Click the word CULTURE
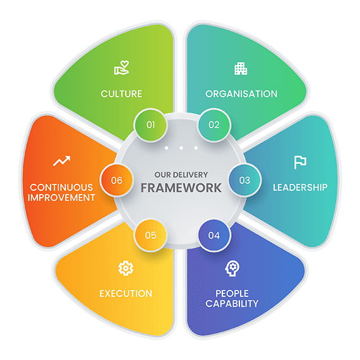(121, 94)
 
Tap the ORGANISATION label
(241, 94)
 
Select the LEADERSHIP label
(300, 188)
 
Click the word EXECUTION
(126, 294)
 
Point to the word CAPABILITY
(232, 304)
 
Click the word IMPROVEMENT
(61, 198)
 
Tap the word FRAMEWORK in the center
(181, 188)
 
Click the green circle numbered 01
(150, 125)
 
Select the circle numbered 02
(214, 125)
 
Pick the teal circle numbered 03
(245, 180)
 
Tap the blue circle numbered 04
(214, 236)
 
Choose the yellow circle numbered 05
(150, 236)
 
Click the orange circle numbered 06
(117, 180)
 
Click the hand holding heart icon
(121, 68)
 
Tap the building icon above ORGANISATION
(241, 68)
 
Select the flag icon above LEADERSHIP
(300, 162)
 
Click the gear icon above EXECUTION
(126, 268)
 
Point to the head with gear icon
(232, 268)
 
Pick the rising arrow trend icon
(61, 160)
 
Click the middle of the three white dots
(181, 148)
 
